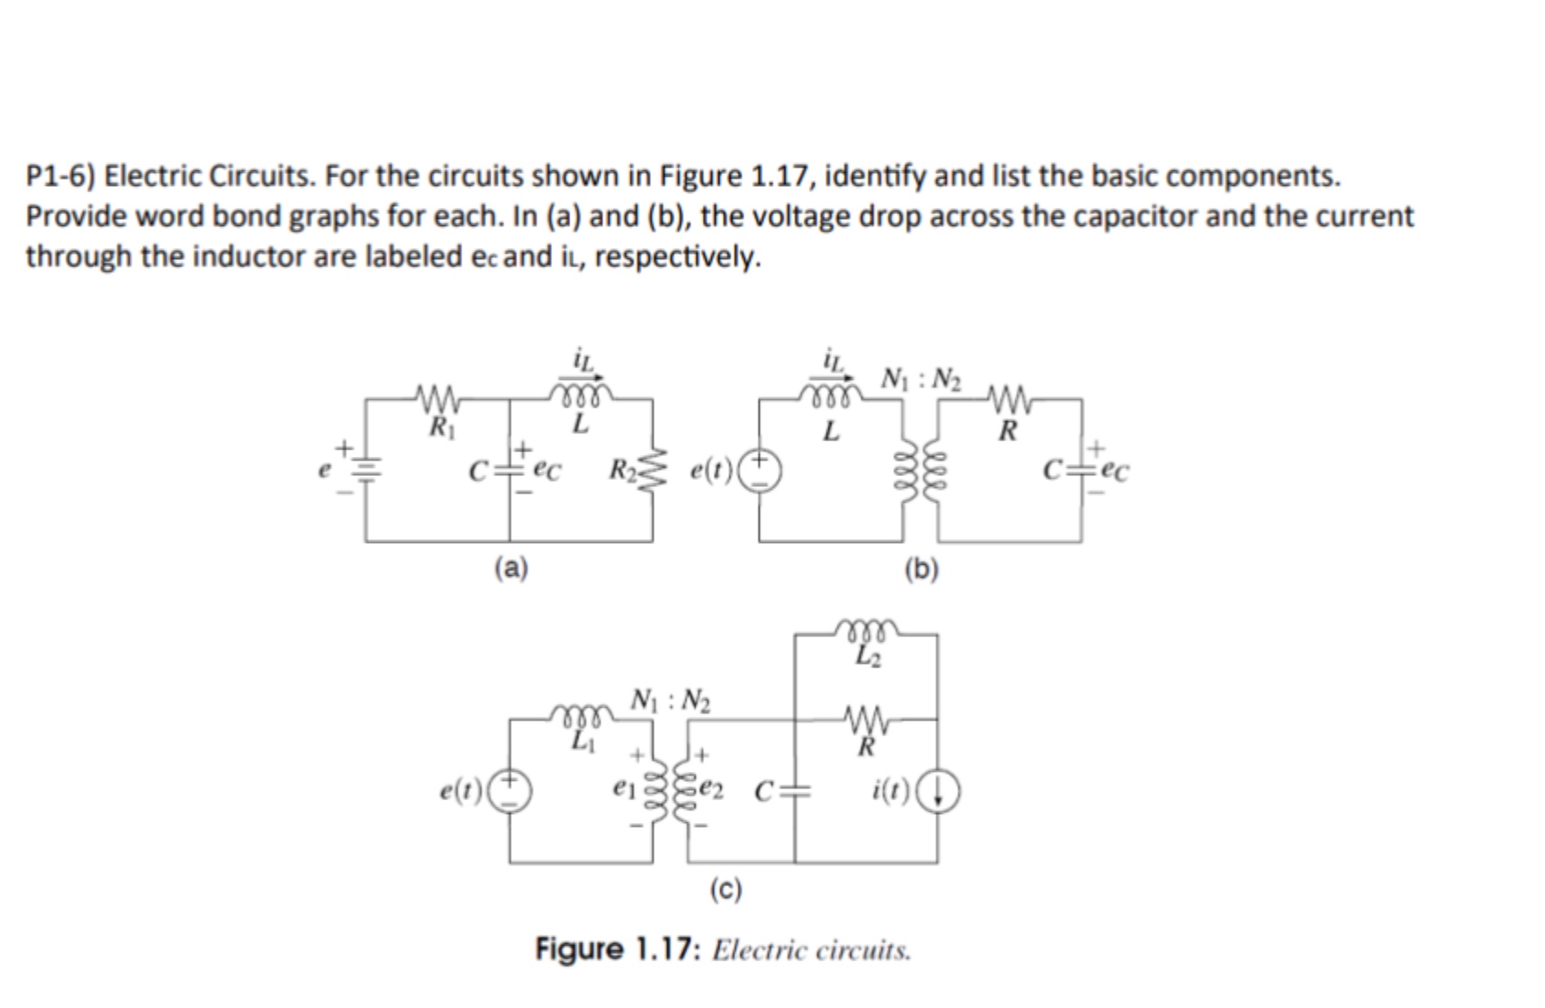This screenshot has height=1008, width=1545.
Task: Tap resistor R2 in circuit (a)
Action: pos(653,471)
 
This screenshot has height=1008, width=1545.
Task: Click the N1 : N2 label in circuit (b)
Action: pos(921,377)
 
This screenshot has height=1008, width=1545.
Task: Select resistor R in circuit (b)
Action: pos(1008,399)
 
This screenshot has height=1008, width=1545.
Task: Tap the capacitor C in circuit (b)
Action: pos(1082,471)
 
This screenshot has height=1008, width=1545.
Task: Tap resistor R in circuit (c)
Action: pos(865,720)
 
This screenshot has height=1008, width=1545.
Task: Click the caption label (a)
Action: pos(511,569)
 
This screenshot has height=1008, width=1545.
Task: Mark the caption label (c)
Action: pos(726,889)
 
